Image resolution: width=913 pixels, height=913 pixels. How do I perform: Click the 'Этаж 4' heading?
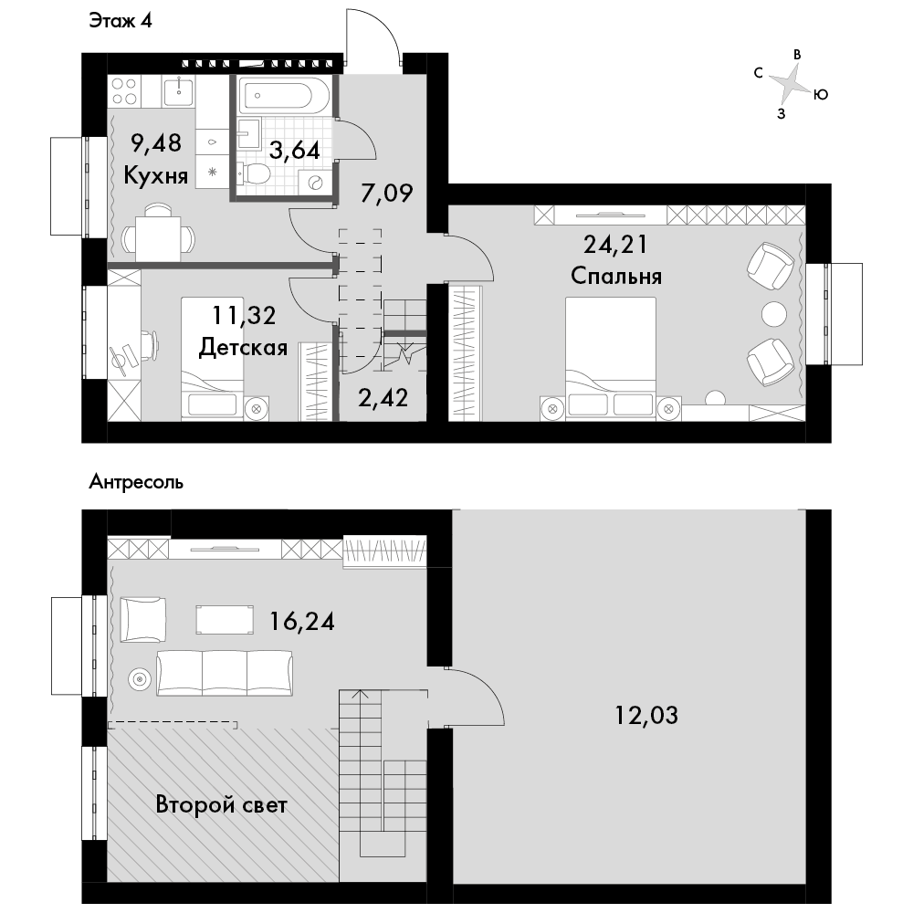pos(121,21)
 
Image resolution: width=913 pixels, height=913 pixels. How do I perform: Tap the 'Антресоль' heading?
pos(136,482)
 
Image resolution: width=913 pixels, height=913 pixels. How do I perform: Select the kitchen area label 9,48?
pos(156,142)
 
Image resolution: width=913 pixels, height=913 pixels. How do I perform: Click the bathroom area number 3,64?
pos(294,151)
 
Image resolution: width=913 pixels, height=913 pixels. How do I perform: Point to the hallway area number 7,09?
pos(386,193)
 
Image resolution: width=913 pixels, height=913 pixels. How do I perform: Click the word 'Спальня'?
pos(616,276)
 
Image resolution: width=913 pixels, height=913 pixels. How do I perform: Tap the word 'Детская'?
pos(244,348)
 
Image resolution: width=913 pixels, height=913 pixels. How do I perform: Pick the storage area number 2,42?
pos(383,398)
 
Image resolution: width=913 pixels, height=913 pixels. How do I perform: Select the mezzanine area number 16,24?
pos(301,621)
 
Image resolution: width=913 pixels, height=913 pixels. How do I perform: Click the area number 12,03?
pos(646,715)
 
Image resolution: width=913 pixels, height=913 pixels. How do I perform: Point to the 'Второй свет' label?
pos(221,805)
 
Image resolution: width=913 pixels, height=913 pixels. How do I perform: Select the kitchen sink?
pos(178,91)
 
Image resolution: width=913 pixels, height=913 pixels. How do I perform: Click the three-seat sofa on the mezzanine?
pos(225,673)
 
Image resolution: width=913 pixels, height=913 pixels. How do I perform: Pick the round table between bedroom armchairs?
pos(775,314)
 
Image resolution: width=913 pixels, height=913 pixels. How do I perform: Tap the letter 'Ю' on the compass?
pos(821,94)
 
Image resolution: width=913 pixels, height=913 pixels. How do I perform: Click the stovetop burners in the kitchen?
pos(124,91)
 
